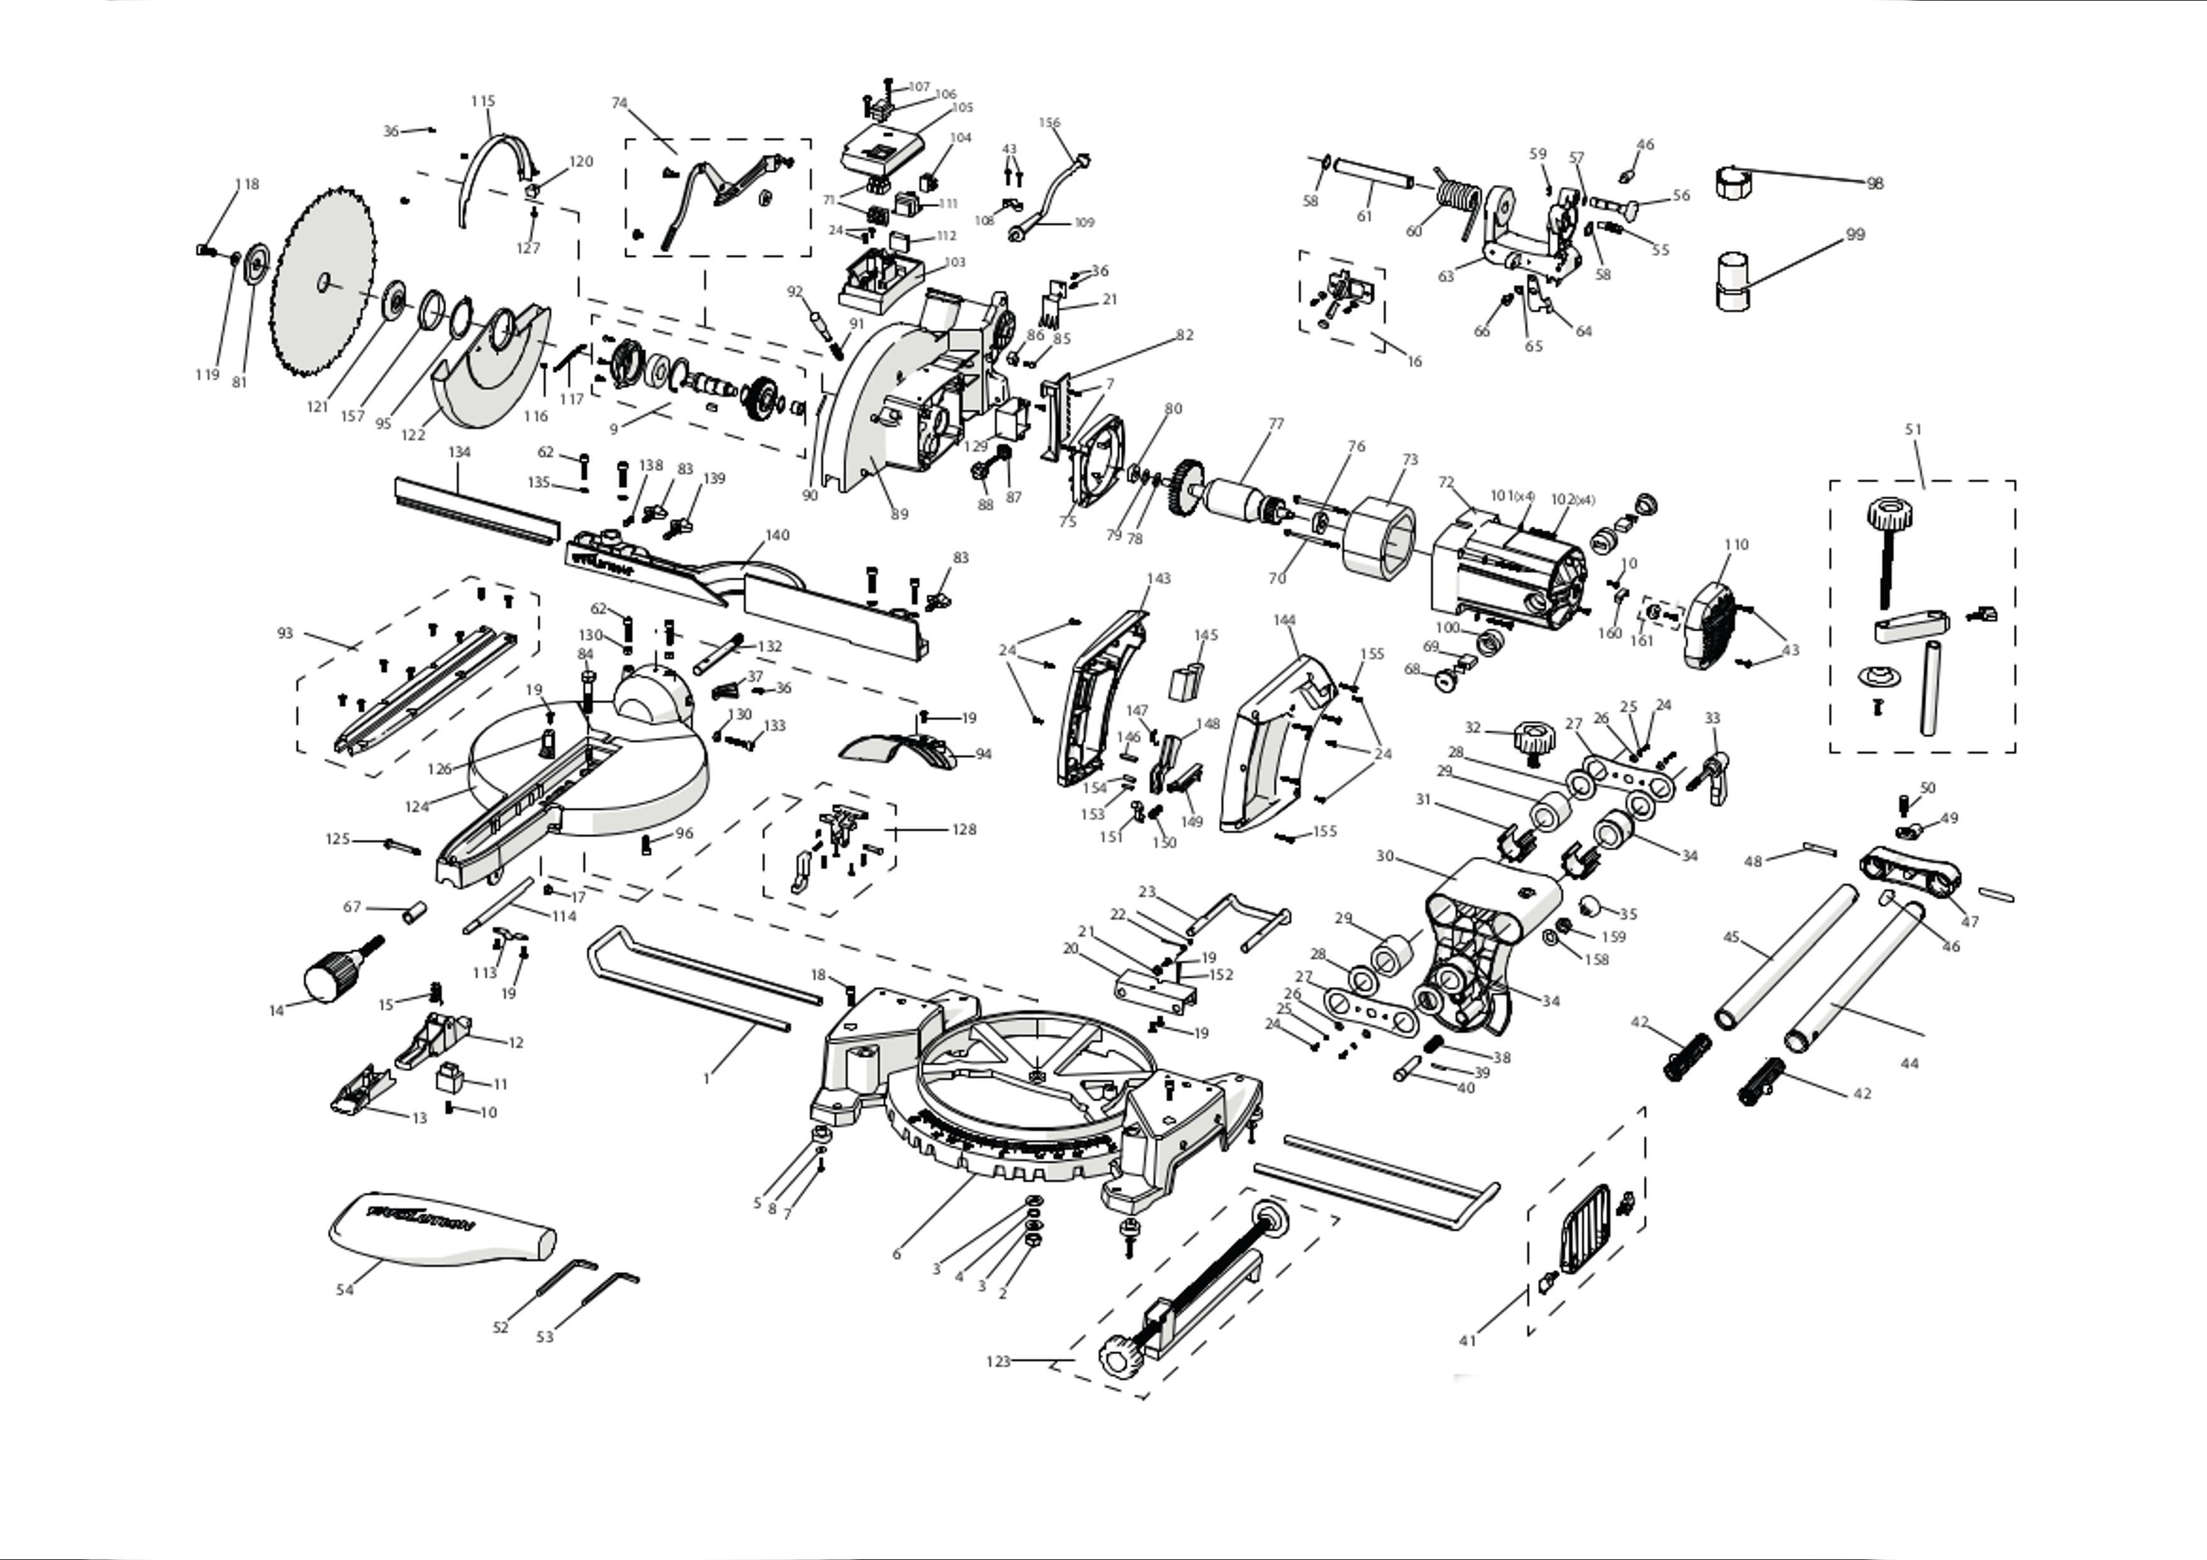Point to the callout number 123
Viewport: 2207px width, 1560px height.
[x=998, y=1361]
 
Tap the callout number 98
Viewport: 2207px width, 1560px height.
[x=1874, y=184]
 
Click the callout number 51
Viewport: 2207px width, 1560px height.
[x=1913, y=430]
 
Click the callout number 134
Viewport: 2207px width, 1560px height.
[x=459, y=452]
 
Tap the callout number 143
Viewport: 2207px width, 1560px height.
[x=1158, y=579]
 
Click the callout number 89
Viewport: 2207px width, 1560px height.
[x=899, y=514]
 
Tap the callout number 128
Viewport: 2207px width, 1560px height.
[x=964, y=830]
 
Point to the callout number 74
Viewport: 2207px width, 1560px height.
[x=619, y=103]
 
